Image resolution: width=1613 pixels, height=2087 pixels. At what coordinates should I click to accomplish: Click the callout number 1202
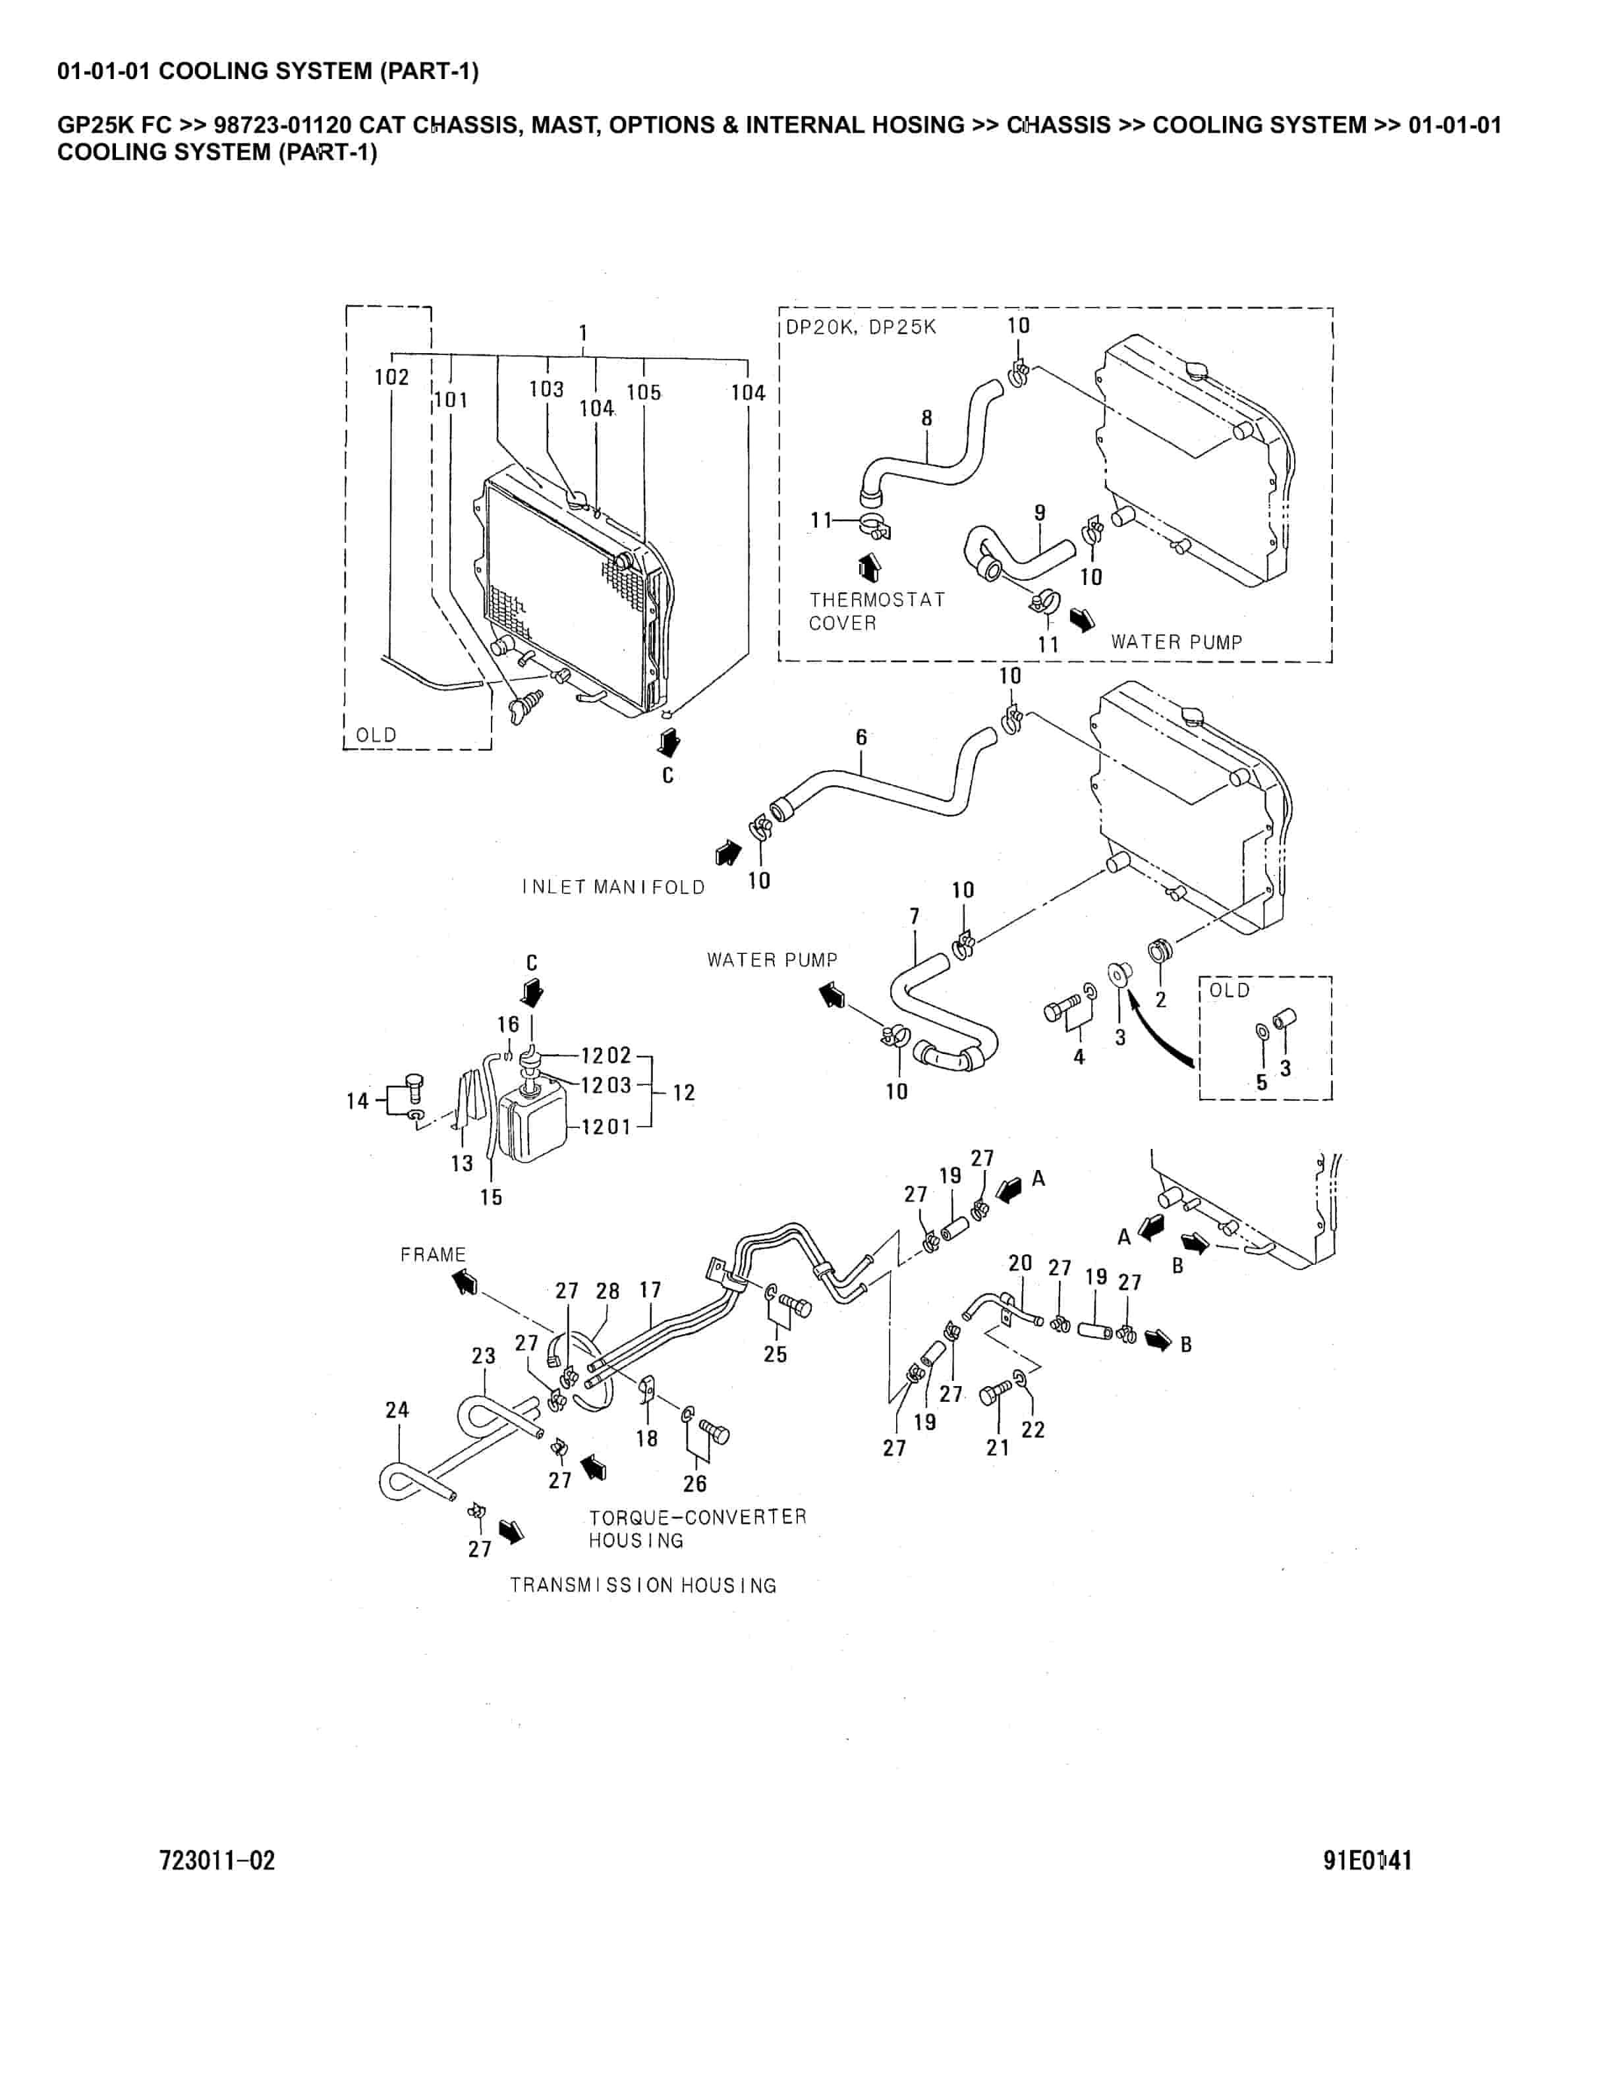[606, 1055]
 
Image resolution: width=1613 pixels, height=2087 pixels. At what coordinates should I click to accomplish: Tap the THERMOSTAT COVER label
[876, 611]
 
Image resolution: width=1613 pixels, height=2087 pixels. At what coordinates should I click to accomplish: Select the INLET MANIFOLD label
[613, 887]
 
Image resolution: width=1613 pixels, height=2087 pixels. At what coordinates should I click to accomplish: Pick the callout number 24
[397, 1410]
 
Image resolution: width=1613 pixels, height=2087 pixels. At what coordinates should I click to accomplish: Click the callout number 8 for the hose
[926, 418]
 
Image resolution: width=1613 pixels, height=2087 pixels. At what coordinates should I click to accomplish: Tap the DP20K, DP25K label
[861, 327]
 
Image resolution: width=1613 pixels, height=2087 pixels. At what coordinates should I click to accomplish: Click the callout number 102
[392, 377]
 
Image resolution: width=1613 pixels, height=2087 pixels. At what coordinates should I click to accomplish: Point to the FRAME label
[433, 1255]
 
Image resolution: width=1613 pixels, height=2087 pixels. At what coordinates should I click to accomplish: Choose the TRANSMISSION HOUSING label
[643, 1585]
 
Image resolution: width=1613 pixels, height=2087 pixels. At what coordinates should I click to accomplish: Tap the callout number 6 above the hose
[861, 737]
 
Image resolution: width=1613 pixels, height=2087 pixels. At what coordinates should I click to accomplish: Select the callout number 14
[357, 1101]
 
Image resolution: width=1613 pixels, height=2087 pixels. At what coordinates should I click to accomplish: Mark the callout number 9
[1040, 513]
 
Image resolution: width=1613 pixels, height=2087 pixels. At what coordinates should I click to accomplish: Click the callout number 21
[998, 1448]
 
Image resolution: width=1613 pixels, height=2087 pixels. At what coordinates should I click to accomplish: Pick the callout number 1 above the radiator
[583, 333]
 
